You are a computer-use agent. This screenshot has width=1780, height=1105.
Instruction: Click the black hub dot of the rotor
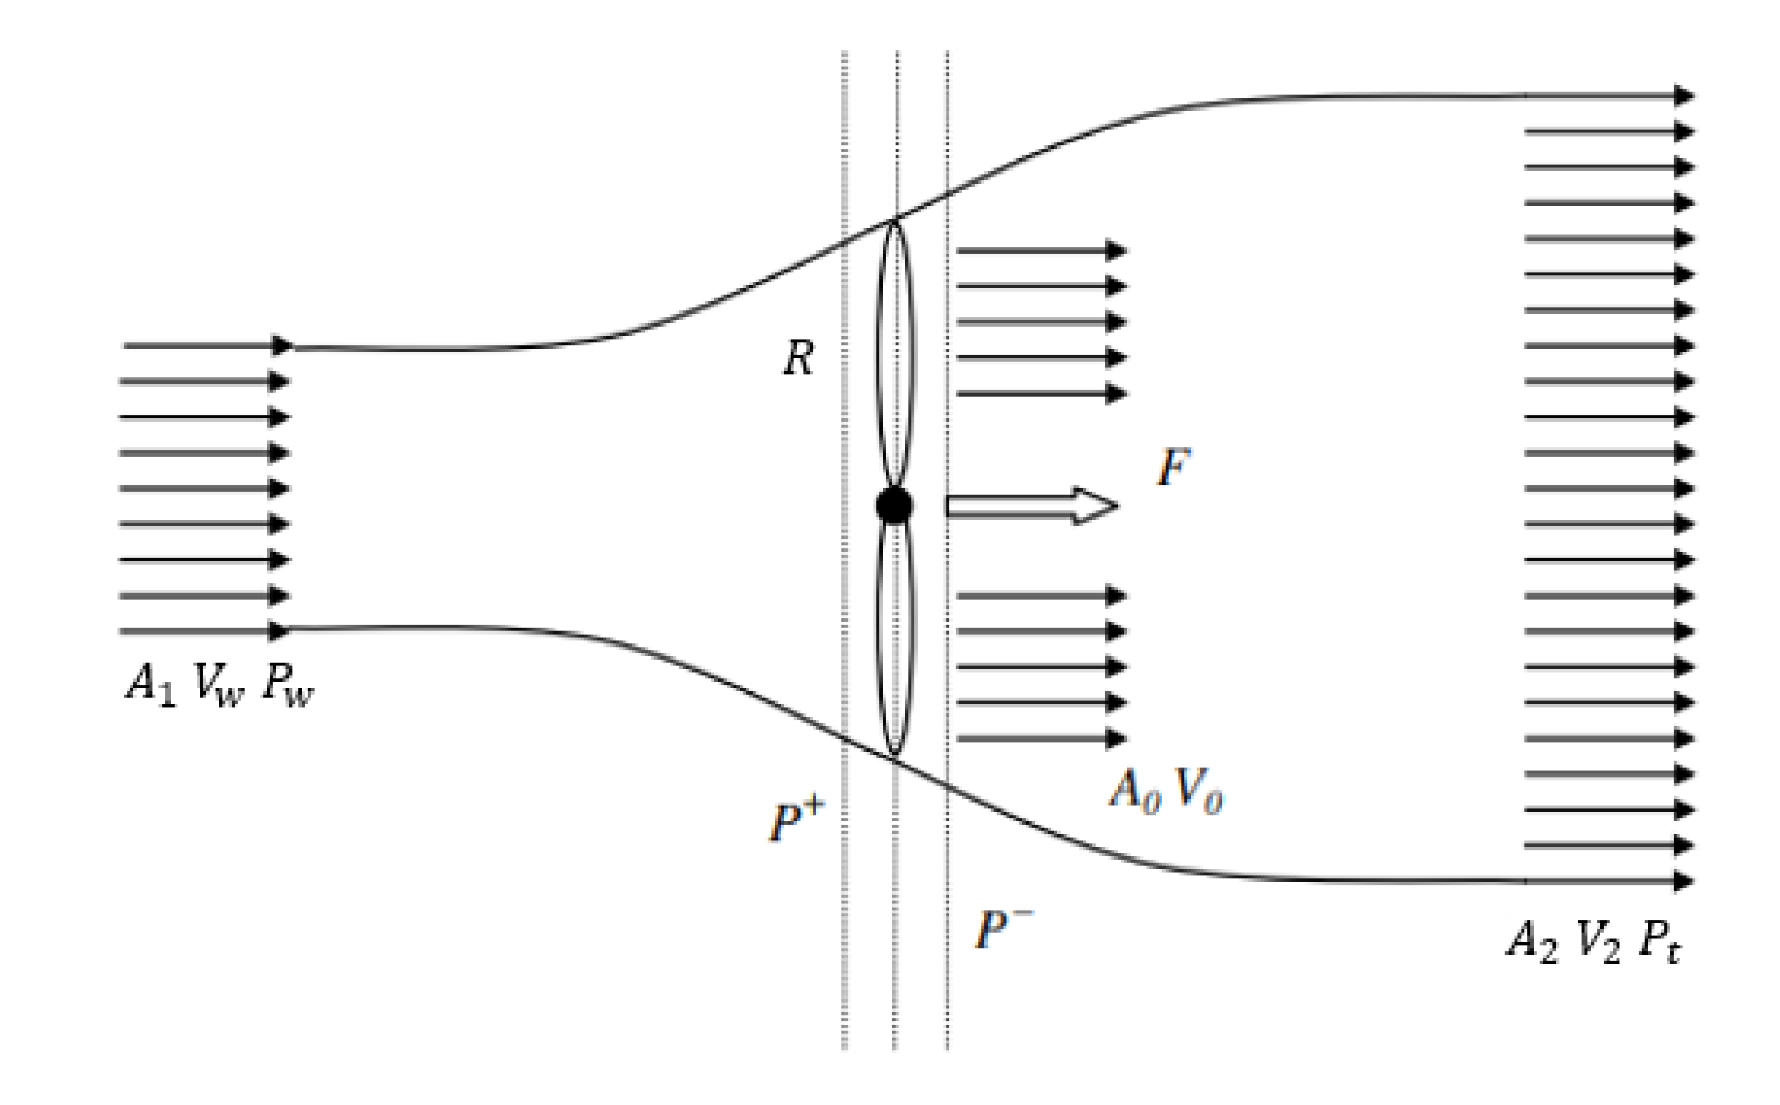(x=894, y=505)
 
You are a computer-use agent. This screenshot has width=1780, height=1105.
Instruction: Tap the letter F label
(x=1173, y=467)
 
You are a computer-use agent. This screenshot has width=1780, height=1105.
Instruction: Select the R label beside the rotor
(x=798, y=357)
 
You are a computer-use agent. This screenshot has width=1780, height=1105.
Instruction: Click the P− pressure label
(x=1003, y=928)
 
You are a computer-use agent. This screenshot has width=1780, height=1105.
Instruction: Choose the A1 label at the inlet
(x=150, y=684)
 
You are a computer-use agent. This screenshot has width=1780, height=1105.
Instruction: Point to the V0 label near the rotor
(x=1199, y=790)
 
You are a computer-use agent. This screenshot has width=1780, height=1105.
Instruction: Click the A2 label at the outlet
(x=1533, y=942)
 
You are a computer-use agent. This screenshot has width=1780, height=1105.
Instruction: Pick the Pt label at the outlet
(x=1659, y=942)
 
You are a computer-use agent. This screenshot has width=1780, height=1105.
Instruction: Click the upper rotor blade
(x=895, y=353)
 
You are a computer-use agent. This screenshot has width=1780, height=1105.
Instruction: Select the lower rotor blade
(x=895, y=642)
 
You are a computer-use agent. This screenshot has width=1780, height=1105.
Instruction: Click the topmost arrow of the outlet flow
(x=1609, y=96)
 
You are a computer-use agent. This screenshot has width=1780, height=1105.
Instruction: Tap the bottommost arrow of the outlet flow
(x=1609, y=881)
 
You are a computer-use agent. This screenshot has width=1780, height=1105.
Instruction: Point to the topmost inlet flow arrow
(x=207, y=346)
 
